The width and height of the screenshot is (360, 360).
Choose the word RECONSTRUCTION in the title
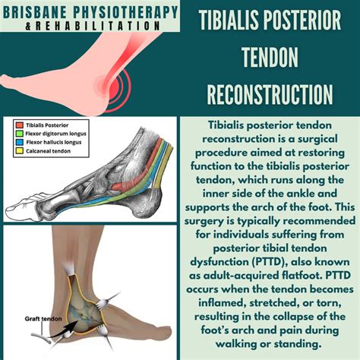click(x=269, y=94)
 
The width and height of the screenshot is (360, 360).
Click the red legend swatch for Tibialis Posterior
click(x=18, y=124)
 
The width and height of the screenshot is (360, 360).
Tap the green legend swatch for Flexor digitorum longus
click(x=18, y=131)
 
